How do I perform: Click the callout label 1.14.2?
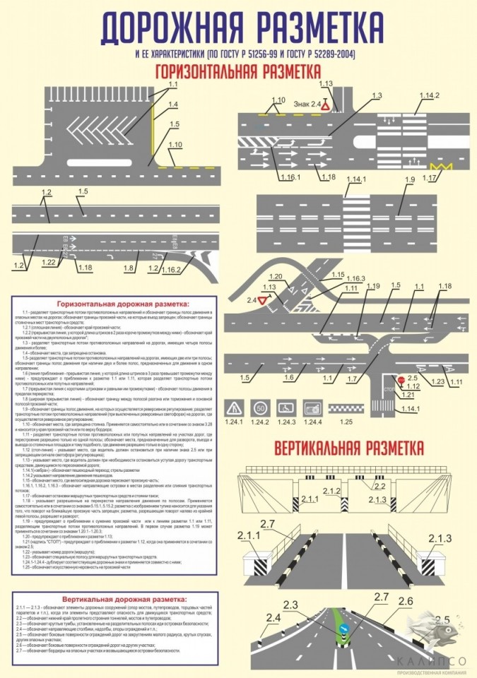(x=429, y=95)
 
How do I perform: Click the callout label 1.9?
(x=410, y=181)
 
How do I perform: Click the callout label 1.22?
(x=48, y=262)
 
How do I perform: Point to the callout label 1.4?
(x=172, y=105)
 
